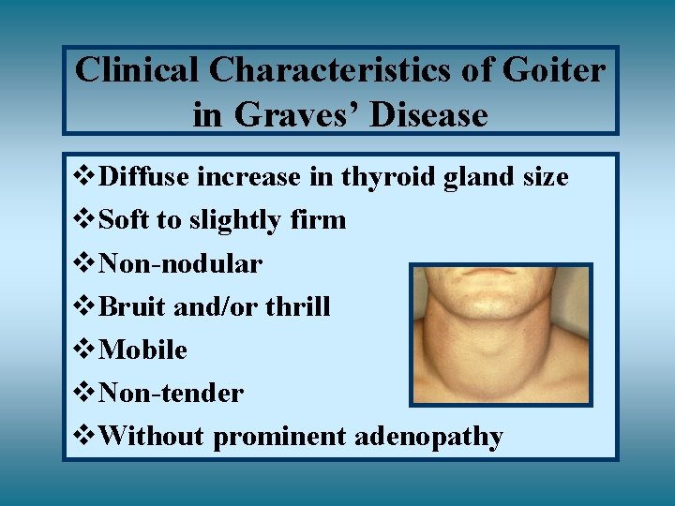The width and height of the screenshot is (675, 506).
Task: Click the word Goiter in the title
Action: click(554, 70)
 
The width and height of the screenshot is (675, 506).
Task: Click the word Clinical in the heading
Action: click(138, 70)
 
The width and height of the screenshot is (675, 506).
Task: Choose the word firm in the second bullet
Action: click(321, 220)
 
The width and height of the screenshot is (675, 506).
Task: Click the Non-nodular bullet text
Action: click(180, 264)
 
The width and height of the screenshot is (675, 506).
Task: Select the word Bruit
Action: click(130, 307)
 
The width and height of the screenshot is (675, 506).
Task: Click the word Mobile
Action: click(142, 350)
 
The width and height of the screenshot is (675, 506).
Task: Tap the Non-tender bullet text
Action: click(171, 394)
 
